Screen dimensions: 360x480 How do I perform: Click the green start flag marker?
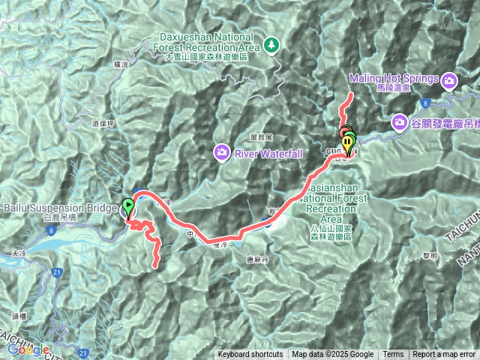click(x=128, y=205)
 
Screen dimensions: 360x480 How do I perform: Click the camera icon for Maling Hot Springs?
click(x=448, y=80)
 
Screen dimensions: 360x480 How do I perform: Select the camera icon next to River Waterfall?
click(x=222, y=154)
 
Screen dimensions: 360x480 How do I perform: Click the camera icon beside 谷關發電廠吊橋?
click(x=400, y=121)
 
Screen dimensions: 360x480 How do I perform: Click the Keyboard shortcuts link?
click(x=250, y=355)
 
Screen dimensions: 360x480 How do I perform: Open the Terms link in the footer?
click(x=393, y=355)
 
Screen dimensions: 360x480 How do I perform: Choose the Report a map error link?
click(x=444, y=355)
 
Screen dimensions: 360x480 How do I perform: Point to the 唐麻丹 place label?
click(x=256, y=261)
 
